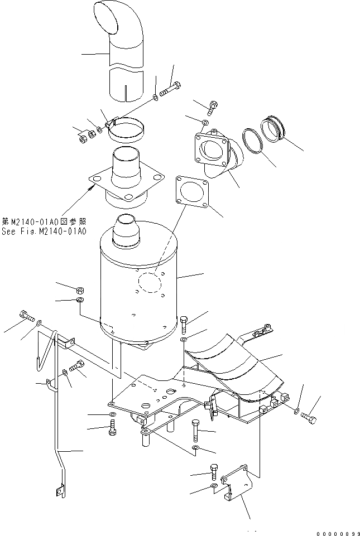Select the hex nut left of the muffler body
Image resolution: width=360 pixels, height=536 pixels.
[79, 289]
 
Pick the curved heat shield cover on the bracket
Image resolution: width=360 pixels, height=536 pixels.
[234, 365]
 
